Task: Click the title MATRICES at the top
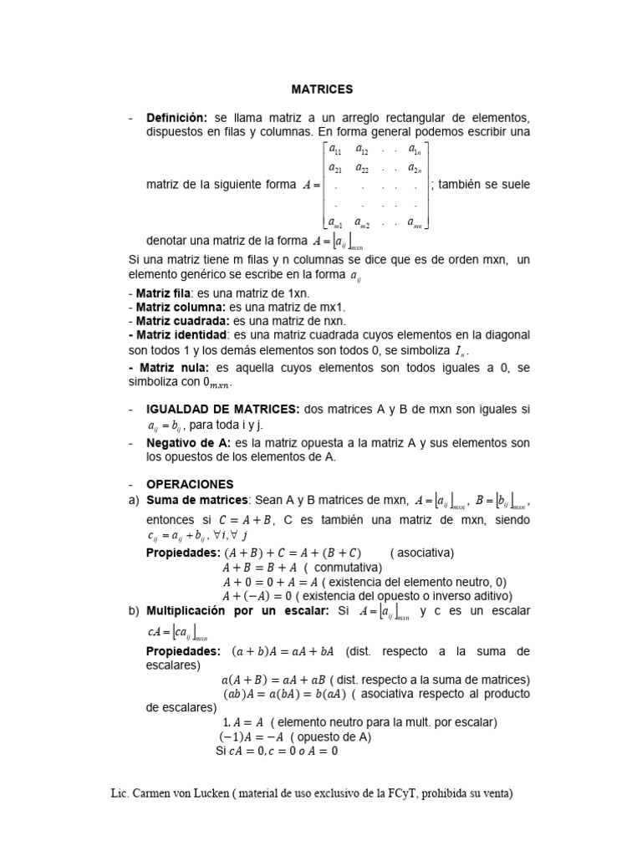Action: pyautogui.click(x=322, y=89)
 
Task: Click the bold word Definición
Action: pyautogui.click(x=176, y=117)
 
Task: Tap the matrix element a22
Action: pyautogui.click(x=363, y=167)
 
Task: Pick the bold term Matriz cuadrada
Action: pyautogui.click(x=176, y=320)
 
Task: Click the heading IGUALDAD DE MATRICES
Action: pyautogui.click(x=222, y=409)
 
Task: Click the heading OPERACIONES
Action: pyautogui.click(x=190, y=484)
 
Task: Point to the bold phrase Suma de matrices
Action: pyautogui.click(x=197, y=500)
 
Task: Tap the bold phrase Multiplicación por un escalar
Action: pyautogui.click(x=237, y=611)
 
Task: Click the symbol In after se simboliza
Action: pyautogui.click(x=454, y=351)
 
